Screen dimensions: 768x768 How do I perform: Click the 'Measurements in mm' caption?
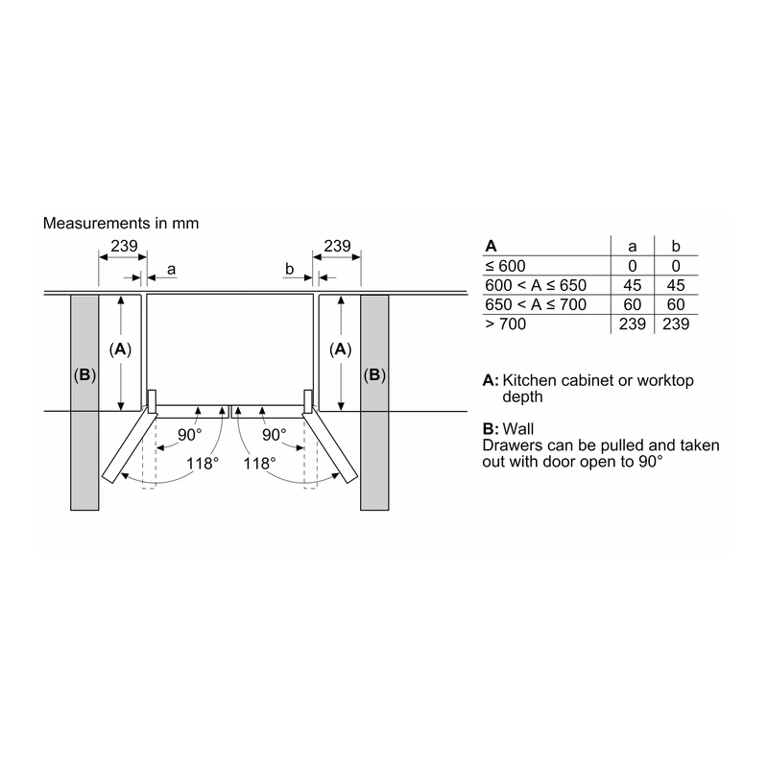click(121, 224)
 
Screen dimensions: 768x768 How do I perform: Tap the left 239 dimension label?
click(124, 246)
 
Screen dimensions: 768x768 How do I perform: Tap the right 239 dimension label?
click(337, 246)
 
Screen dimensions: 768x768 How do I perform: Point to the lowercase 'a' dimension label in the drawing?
click(171, 270)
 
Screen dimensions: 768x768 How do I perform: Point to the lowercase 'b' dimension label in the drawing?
click(290, 269)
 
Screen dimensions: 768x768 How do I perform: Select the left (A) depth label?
click(121, 349)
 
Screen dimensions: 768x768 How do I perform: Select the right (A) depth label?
click(341, 349)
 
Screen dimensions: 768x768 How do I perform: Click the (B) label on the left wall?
click(84, 375)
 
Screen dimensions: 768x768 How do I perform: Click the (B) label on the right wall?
click(374, 375)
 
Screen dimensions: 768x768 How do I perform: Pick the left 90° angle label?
click(189, 435)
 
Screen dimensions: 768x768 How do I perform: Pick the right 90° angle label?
click(275, 435)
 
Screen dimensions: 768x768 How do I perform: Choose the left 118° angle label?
click(203, 464)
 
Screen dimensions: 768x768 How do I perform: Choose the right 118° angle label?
click(259, 464)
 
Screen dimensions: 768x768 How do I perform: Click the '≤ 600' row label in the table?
click(505, 266)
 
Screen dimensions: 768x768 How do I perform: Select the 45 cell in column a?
click(633, 285)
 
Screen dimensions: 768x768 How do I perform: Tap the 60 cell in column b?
click(676, 304)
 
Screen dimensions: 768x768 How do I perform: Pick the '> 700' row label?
click(506, 324)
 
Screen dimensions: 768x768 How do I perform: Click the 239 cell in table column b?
click(676, 324)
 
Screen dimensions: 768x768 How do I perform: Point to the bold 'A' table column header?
click(491, 247)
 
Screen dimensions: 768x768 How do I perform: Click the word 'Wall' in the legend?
click(518, 429)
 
